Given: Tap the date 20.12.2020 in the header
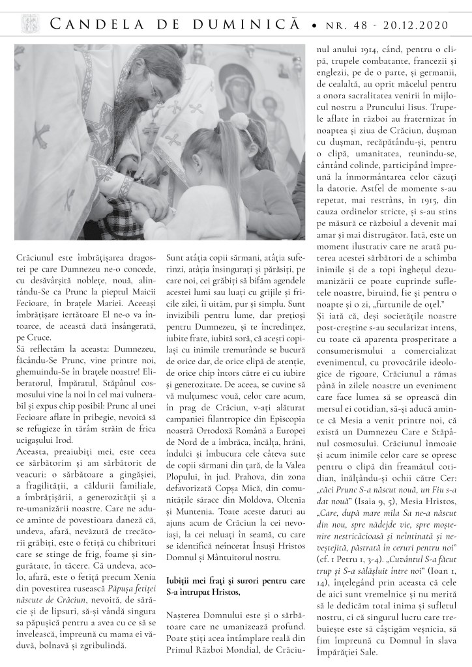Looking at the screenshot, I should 420,25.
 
